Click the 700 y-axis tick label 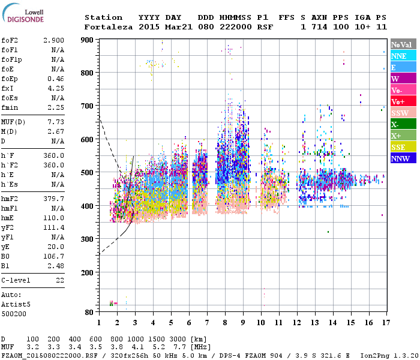click(x=88, y=106)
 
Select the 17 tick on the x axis click(x=384, y=323)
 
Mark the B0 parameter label click(x=6, y=256)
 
